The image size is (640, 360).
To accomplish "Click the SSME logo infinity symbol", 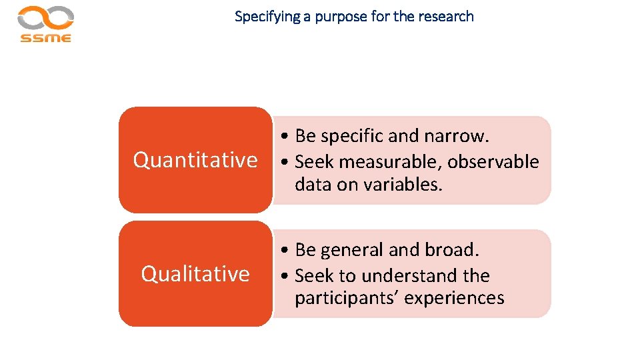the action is click(x=45, y=17).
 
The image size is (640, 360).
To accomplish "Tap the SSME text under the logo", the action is click(x=45, y=38).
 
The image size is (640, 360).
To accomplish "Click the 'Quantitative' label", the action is click(x=195, y=160).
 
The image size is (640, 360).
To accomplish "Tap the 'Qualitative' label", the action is click(x=195, y=274).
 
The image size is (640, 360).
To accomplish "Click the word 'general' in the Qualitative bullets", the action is click(x=352, y=251).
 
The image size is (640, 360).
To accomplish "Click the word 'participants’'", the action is click(x=347, y=298).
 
